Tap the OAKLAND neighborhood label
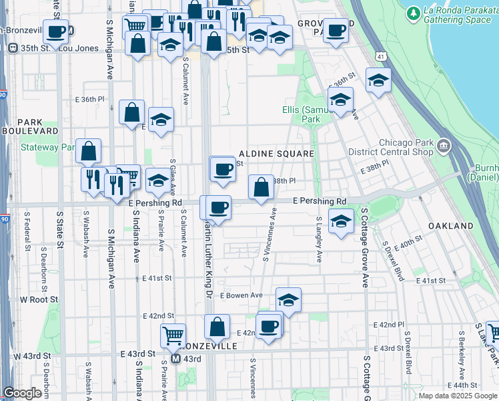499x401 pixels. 450,226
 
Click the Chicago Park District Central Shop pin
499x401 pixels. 443,144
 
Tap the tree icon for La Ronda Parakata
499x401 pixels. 414,12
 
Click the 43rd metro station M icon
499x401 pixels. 175,359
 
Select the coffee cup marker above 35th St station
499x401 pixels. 57,31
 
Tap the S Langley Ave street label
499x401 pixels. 319,239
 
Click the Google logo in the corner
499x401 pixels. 22,393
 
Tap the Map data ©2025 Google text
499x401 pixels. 457,396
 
